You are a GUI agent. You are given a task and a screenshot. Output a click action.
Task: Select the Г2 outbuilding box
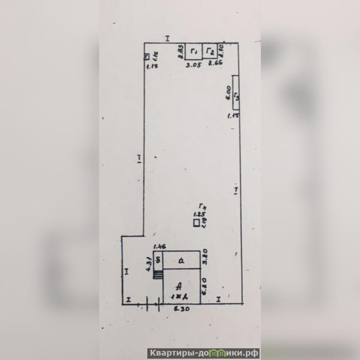coord(210,52)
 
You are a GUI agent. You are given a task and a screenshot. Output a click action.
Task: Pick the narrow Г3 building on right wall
coord(235,91)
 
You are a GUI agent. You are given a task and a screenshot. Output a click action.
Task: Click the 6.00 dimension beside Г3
coord(228,93)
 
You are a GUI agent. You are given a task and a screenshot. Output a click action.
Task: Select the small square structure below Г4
coord(196,223)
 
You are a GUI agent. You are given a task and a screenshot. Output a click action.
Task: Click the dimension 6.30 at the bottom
coord(181,310)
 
